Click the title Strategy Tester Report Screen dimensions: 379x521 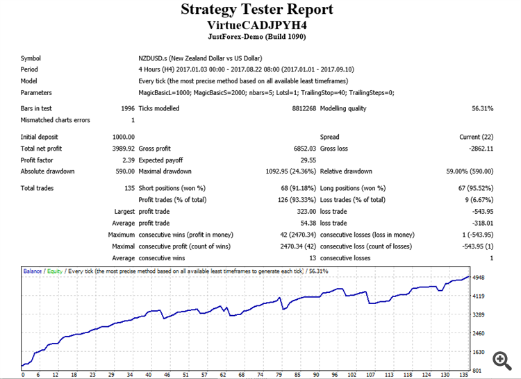(x=257, y=10)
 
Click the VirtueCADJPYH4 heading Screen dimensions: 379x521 (x=257, y=24)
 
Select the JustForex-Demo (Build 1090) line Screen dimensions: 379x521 (x=257, y=37)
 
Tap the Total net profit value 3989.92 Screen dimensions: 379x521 (x=123, y=149)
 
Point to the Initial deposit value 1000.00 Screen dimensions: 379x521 (x=123, y=137)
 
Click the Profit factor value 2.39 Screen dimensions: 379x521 (x=129, y=160)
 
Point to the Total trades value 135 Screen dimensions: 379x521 (x=129, y=188)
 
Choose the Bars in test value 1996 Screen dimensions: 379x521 (x=127, y=108)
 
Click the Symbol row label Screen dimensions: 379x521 (x=31, y=58)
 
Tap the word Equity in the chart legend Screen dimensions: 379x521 (x=55, y=271)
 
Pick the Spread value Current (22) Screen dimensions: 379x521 (x=475, y=137)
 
